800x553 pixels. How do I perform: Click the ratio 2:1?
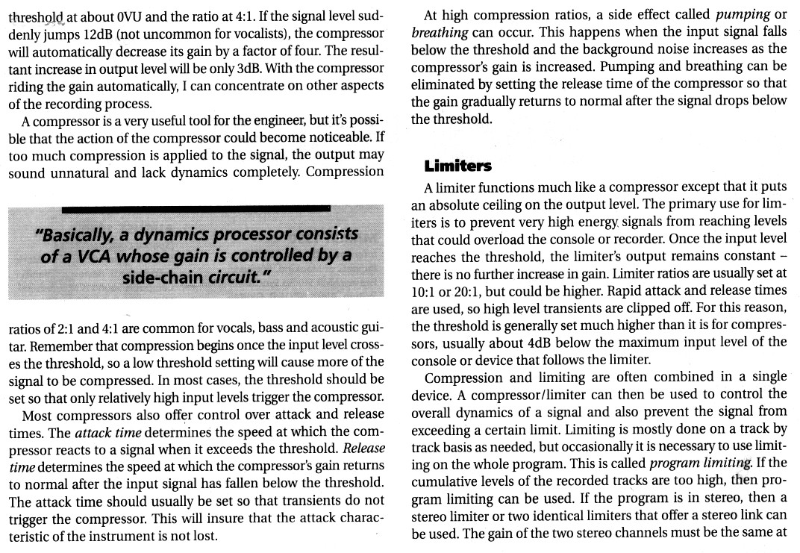59,329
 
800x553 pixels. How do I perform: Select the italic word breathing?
440,32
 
